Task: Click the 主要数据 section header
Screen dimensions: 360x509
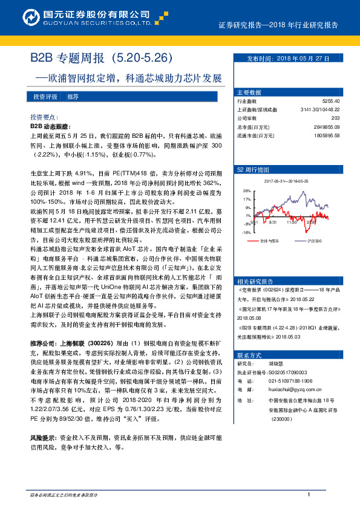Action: [249, 92]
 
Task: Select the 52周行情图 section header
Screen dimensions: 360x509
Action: [252, 170]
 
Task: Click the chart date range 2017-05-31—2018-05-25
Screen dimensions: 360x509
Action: [286, 181]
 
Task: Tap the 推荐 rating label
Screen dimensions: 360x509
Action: [73, 97]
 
